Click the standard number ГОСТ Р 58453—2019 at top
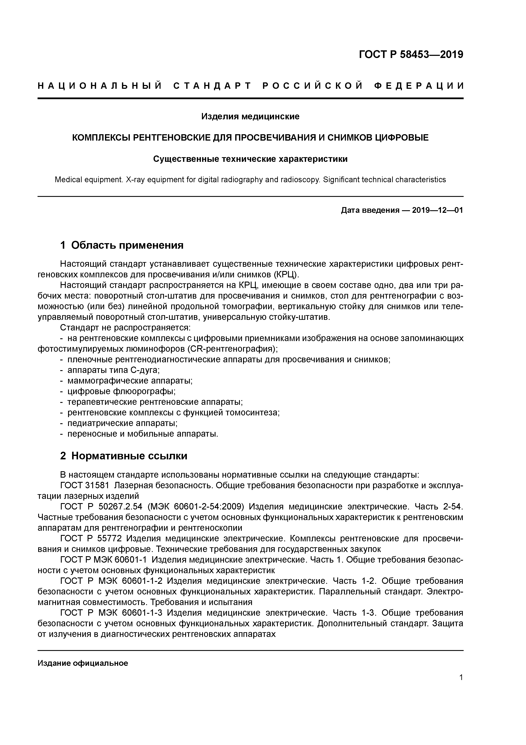point(411,55)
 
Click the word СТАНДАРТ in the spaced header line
point(213,86)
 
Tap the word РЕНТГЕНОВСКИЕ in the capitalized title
point(171,138)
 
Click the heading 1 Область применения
point(122,245)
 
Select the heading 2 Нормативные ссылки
point(124,456)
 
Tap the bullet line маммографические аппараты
point(130,381)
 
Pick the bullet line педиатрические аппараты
point(122,423)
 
